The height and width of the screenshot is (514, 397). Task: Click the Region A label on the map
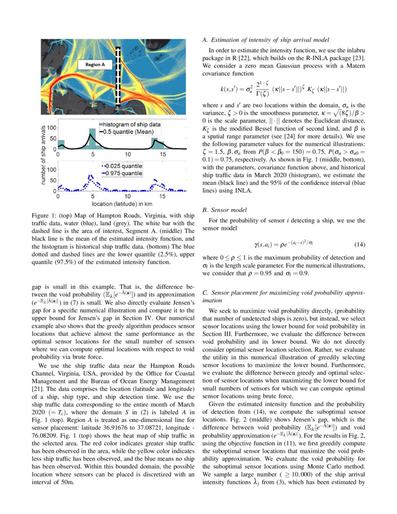click(x=94, y=65)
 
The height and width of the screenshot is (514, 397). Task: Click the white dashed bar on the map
click(x=119, y=77)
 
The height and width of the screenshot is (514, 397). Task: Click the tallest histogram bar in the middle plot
click(x=92, y=139)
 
